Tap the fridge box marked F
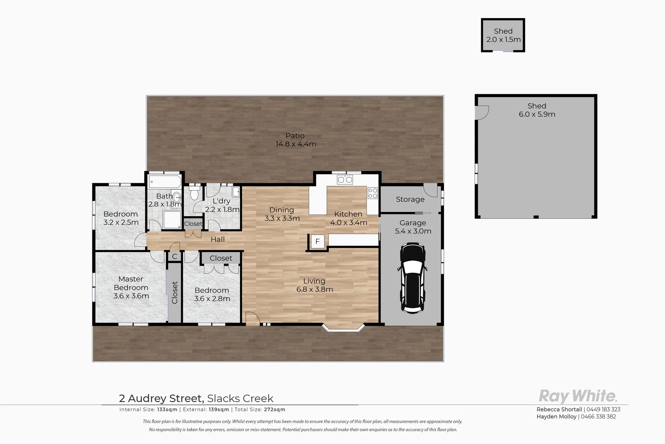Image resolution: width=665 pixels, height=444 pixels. click(x=317, y=242)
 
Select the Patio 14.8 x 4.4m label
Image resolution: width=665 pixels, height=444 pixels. click(x=296, y=140)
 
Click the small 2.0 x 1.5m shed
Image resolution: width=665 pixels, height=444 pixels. click(x=503, y=35)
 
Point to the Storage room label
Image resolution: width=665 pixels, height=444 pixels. click(x=410, y=199)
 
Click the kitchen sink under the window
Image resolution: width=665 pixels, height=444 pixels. click(x=344, y=179)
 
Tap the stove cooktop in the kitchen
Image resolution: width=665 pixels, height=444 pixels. click(x=372, y=193)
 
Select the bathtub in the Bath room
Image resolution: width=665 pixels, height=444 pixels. click(x=165, y=181)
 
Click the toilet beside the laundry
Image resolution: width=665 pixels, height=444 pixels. click(x=194, y=193)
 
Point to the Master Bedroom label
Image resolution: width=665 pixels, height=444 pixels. click(x=131, y=287)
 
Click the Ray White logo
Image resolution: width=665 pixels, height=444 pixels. click(x=577, y=396)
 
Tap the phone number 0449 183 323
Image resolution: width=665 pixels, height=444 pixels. click(x=603, y=409)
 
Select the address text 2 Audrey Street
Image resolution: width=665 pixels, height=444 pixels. click(x=161, y=398)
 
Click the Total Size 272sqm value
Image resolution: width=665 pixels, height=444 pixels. click(x=274, y=409)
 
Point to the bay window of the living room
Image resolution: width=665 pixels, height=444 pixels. click(x=343, y=328)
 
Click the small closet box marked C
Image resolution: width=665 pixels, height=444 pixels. click(x=174, y=257)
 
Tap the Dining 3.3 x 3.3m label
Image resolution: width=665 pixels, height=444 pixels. click(x=282, y=214)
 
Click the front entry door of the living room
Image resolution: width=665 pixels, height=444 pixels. click(x=252, y=319)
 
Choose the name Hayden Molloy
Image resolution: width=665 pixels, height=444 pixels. click(x=556, y=416)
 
